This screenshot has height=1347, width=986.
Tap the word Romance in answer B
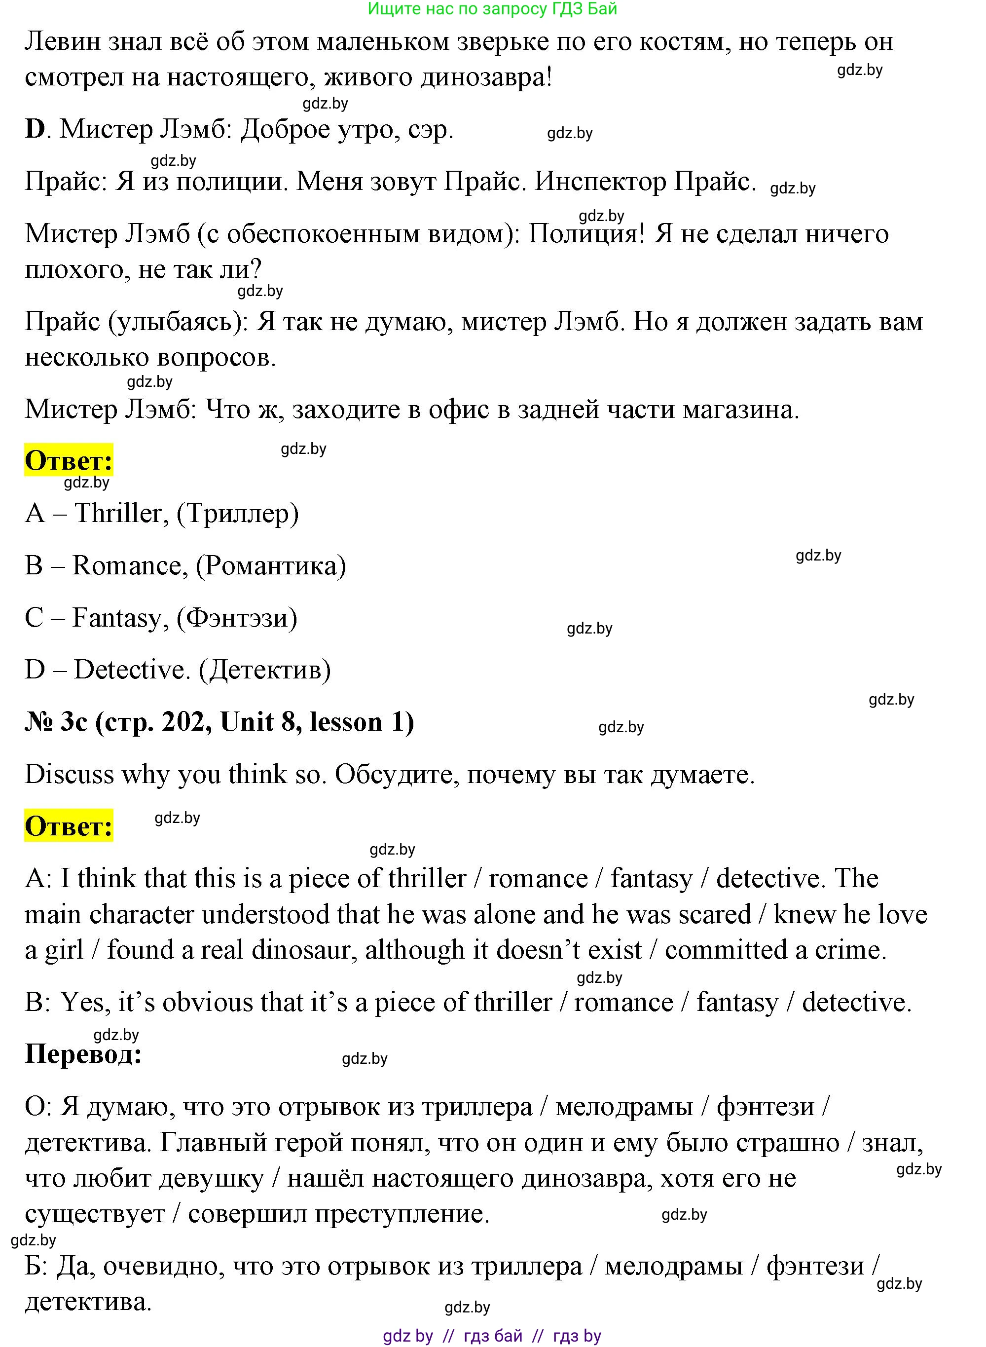(127, 566)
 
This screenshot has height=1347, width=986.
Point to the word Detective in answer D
(131, 670)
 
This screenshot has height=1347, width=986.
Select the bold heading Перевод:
(83, 1054)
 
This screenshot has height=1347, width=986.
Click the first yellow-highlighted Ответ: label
(69, 461)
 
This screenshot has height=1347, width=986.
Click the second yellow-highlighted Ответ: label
(69, 826)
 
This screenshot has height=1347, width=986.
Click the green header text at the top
(492, 8)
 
